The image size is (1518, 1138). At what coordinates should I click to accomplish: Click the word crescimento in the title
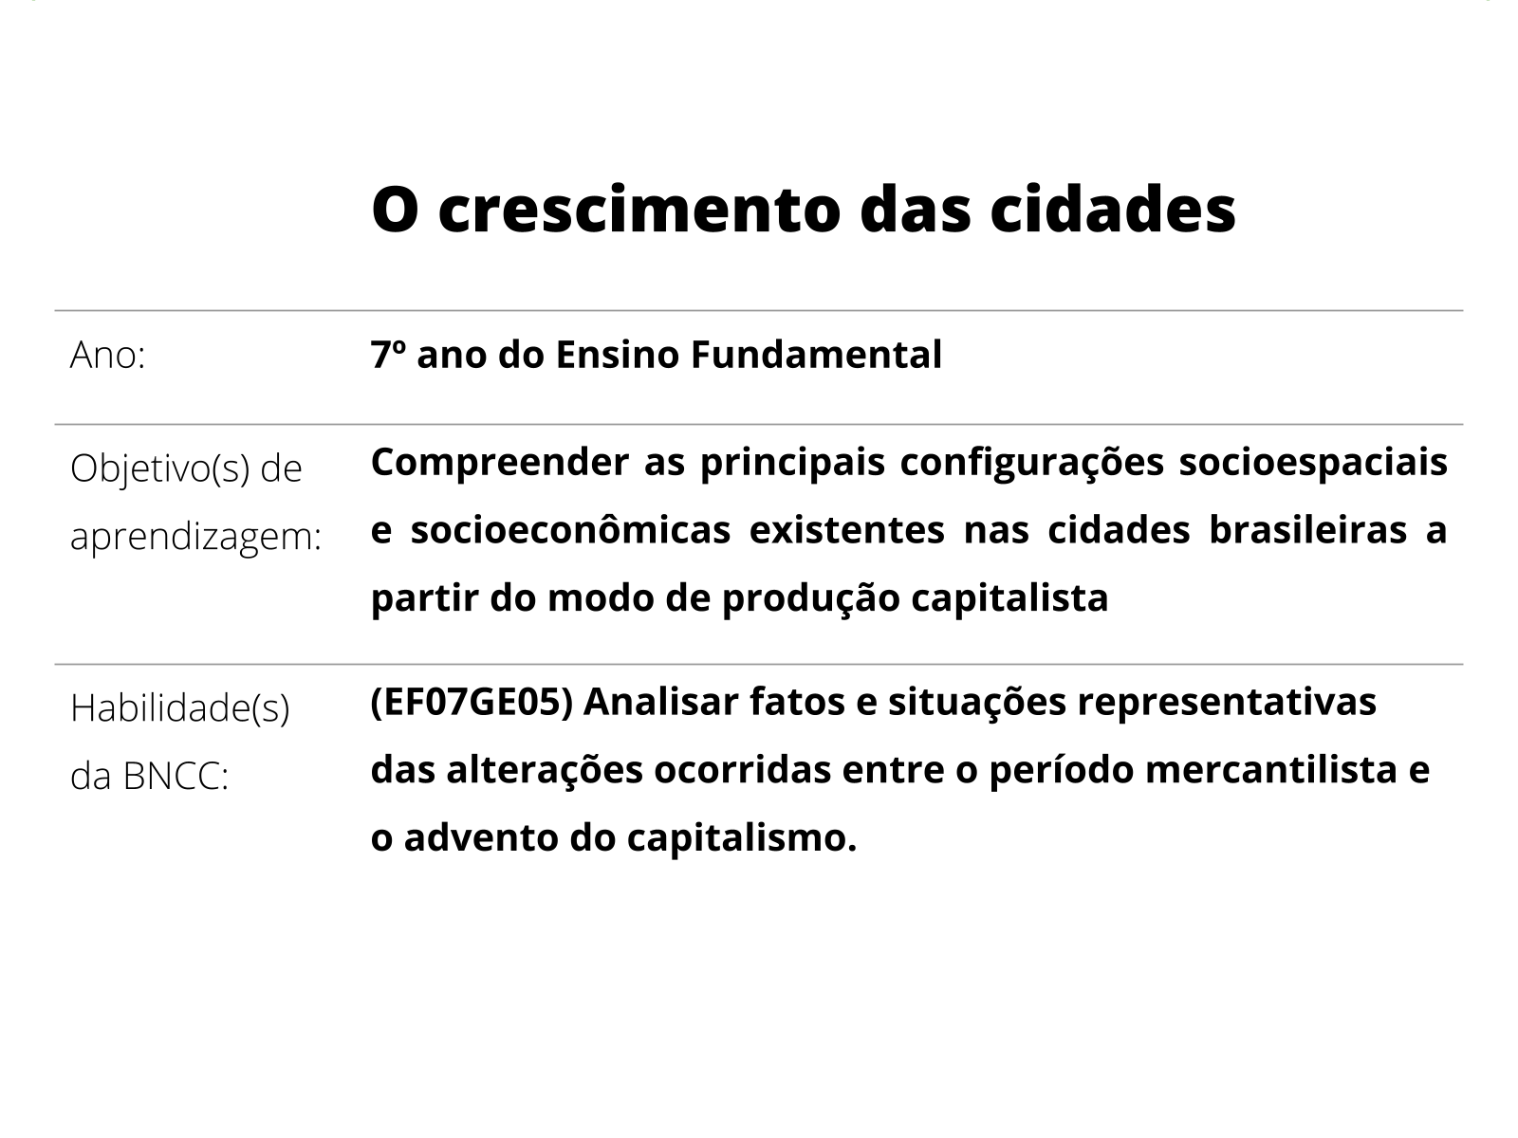point(639,210)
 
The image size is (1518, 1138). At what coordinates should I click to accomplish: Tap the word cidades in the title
point(1113,210)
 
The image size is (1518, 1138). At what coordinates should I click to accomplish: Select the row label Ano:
point(107,356)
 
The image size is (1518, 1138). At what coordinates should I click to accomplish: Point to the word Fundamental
point(816,355)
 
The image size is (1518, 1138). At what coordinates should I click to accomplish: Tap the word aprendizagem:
point(196,537)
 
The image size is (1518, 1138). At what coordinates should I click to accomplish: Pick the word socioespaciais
point(1313,462)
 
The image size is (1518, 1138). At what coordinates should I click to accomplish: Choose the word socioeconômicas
point(570,530)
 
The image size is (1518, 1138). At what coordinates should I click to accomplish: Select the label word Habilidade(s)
point(179,708)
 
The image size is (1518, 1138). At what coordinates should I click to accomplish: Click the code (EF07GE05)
point(472,703)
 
